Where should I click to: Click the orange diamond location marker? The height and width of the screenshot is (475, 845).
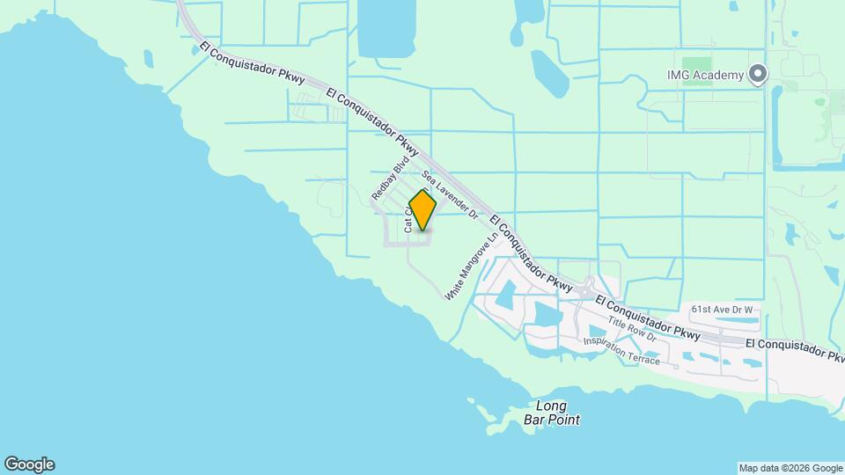[x=423, y=210]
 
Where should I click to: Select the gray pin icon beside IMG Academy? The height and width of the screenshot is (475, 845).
[x=757, y=75]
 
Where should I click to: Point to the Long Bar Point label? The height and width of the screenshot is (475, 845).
[x=557, y=413]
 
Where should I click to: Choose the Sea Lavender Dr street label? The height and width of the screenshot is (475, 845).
[x=449, y=194]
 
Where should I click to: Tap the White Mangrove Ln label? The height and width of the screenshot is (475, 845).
[x=472, y=267]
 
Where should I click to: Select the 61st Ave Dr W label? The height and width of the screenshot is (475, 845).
[x=723, y=310]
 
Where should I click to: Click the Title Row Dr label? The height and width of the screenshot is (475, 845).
[x=632, y=331]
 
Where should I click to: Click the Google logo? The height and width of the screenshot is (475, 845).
[x=29, y=464]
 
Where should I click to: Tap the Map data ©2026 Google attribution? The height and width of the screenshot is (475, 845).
[x=790, y=468]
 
